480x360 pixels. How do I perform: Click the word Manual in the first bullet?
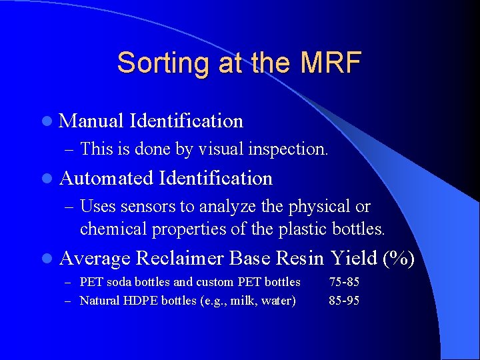coord(91,121)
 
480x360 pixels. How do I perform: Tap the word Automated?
coord(107,178)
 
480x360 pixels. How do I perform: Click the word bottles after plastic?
coord(359,229)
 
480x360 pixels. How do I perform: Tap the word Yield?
coord(353,257)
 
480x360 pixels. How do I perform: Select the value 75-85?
coord(344,282)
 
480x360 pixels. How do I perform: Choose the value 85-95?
coord(344,301)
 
